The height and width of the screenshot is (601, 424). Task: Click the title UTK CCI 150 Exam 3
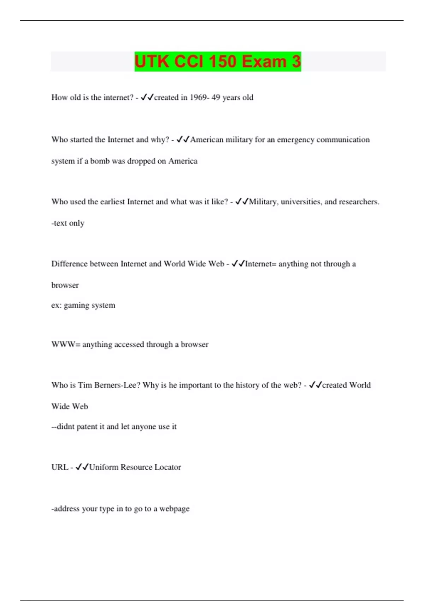click(x=218, y=62)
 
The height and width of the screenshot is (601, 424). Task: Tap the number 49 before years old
click(x=216, y=98)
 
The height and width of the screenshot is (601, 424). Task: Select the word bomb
click(x=100, y=161)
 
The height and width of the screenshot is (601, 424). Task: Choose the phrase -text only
click(x=68, y=223)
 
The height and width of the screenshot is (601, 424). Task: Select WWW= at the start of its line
click(x=66, y=344)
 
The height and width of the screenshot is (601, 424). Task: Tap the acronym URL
click(x=60, y=467)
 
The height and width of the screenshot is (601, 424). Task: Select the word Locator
click(x=167, y=467)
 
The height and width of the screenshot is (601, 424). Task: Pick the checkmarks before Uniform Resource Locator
click(x=82, y=467)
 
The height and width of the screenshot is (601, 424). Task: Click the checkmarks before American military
click(x=183, y=140)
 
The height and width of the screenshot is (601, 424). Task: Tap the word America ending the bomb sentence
click(x=183, y=161)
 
